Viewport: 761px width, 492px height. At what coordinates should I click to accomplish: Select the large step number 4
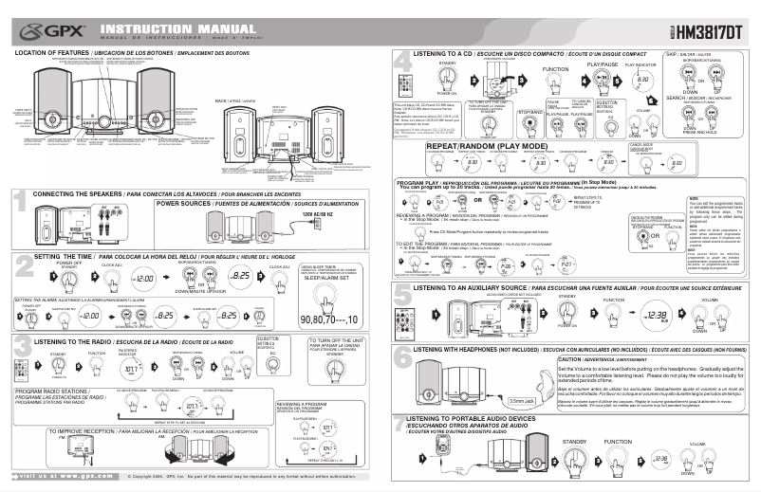(x=401, y=64)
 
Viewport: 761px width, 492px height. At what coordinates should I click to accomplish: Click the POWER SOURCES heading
(x=189, y=203)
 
